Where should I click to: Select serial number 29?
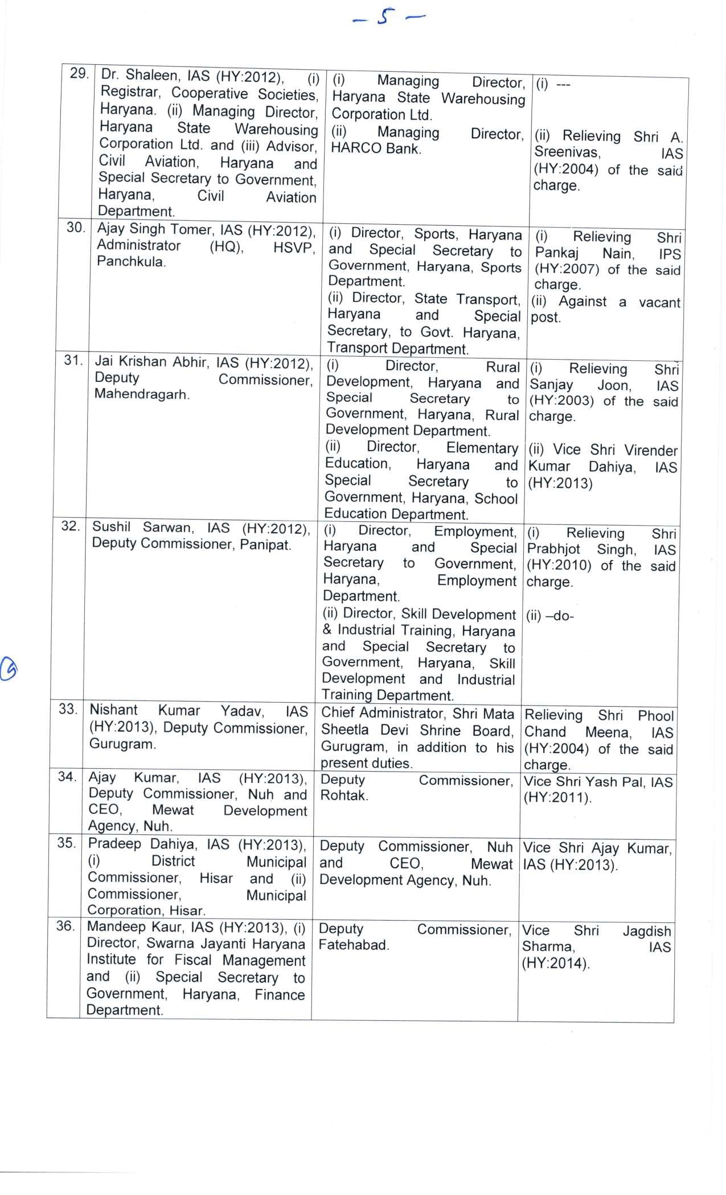coord(79,73)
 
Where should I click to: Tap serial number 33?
coord(68,709)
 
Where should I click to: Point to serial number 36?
coord(65,926)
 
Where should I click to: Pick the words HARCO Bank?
coord(376,149)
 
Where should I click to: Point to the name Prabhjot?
coord(553,549)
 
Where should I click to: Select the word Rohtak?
coord(343,796)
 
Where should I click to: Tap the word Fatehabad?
coord(353,945)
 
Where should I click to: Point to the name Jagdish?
coord(646,931)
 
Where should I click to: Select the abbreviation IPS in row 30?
coord(670,254)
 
